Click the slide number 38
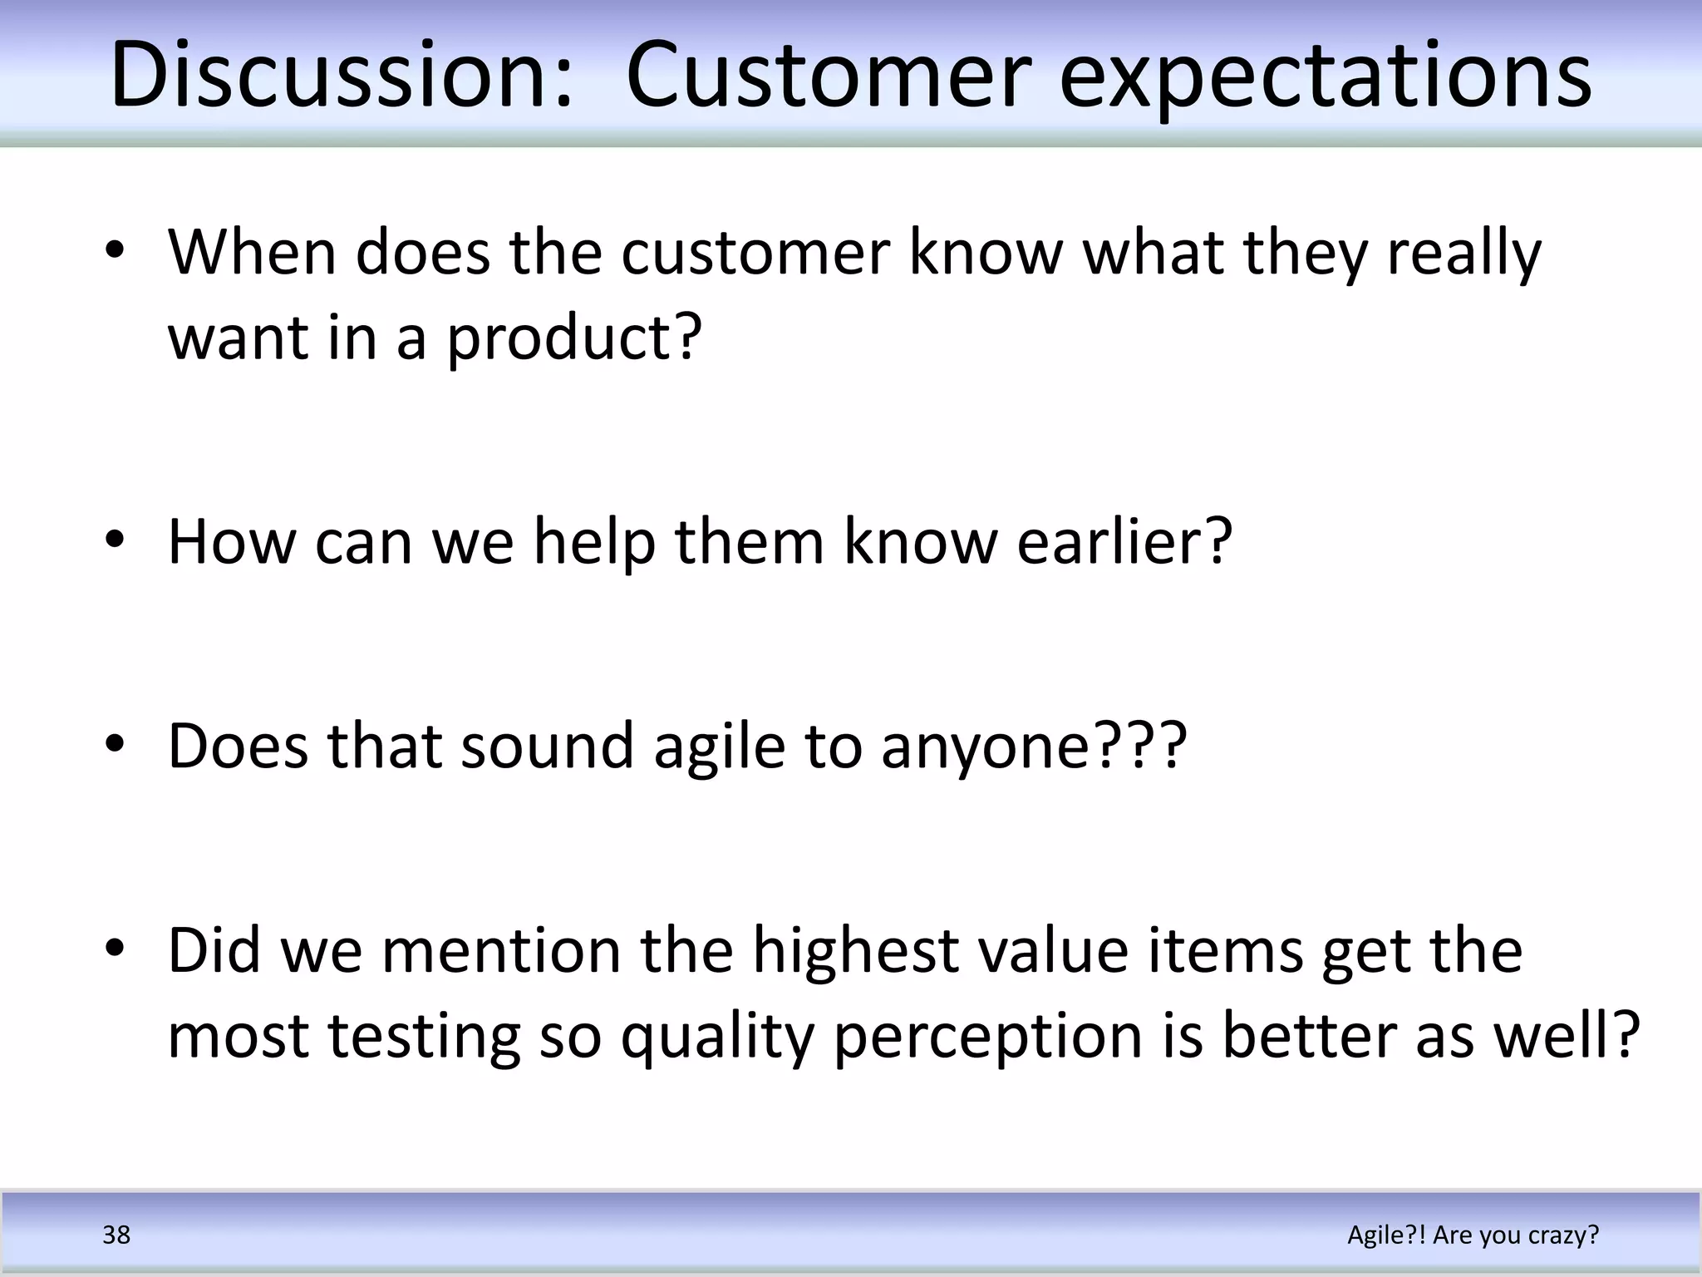point(116,1235)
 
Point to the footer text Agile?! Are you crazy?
point(1473,1235)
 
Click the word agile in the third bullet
point(719,746)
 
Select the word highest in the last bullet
point(855,951)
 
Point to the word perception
point(988,1038)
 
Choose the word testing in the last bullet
point(424,1038)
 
